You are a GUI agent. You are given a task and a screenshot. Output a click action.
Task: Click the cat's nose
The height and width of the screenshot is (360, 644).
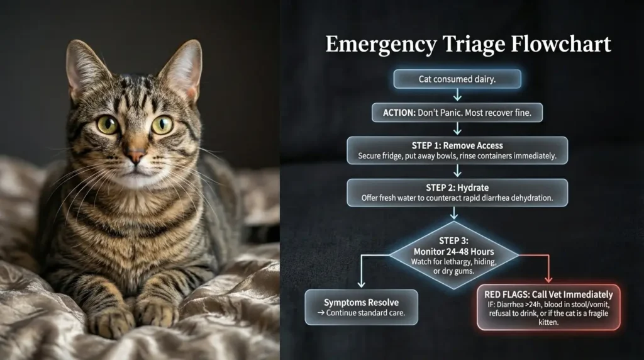coord(136,155)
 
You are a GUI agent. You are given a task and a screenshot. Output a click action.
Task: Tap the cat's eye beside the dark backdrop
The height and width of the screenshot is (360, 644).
coord(108,125)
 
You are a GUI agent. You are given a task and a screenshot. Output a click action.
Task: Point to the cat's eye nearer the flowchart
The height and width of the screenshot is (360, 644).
coord(162,125)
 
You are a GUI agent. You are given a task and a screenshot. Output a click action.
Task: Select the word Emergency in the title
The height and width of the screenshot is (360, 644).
coord(381,45)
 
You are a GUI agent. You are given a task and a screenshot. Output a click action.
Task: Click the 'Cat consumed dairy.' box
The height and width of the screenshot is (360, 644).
coord(457,79)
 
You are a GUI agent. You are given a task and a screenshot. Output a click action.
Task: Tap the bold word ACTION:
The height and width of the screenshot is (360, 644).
coord(399,113)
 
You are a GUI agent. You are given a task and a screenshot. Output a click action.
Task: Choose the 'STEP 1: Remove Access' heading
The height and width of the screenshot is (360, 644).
coord(457,145)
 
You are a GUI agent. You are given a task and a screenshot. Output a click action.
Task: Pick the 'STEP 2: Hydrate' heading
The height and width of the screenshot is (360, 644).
coord(457,188)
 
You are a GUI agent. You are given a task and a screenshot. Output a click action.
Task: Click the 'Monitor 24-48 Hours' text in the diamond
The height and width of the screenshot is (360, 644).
coord(454,252)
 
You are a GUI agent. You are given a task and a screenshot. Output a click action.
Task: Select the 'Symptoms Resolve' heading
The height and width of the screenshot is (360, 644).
coord(362,303)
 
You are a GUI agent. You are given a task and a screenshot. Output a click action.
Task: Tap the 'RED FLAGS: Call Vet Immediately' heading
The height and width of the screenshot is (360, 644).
coord(548,295)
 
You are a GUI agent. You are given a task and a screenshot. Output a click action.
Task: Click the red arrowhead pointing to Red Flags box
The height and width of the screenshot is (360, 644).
coord(548,279)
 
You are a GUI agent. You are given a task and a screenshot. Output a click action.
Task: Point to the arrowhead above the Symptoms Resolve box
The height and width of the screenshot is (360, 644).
coord(362,284)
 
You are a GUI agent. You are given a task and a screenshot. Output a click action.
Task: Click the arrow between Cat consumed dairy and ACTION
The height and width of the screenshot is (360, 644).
coord(457,94)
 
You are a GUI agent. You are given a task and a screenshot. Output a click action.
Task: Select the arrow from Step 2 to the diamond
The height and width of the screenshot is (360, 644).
coord(454,213)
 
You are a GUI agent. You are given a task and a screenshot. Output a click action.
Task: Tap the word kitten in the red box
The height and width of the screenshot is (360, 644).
coord(548,322)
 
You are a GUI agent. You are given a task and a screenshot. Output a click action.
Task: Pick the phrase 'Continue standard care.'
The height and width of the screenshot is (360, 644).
coord(365,313)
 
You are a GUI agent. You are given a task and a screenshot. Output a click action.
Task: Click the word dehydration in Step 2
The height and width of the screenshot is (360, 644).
coord(532,198)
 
